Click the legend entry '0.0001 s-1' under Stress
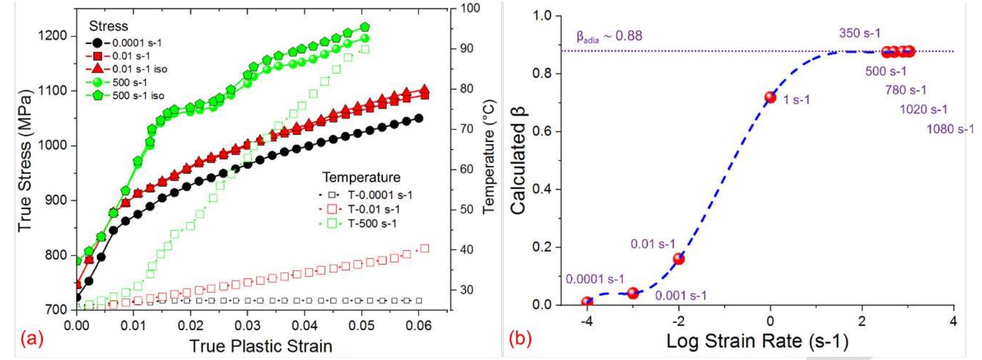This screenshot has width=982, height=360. (x=137, y=43)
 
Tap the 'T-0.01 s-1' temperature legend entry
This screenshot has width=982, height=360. (x=374, y=209)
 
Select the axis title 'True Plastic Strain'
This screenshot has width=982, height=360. (x=261, y=346)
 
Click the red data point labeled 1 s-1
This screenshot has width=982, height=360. (x=770, y=97)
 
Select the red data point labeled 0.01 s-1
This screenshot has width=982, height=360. (x=679, y=259)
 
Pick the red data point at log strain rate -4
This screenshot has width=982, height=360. (x=587, y=302)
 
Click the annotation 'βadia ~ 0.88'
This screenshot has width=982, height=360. (x=609, y=36)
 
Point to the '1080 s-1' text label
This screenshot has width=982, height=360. (x=950, y=129)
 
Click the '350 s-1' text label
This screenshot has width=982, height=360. (x=860, y=33)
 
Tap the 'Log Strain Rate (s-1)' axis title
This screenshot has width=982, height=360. (x=757, y=341)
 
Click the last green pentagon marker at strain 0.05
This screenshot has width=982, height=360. (x=365, y=27)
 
